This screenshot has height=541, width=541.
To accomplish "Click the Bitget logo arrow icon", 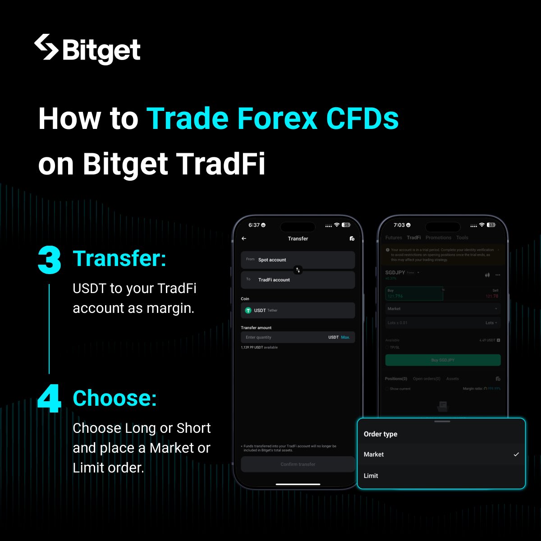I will (46, 47).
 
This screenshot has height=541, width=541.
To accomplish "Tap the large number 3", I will (50, 260).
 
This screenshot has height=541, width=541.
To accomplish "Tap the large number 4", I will (50, 399).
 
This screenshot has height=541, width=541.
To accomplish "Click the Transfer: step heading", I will (119, 259).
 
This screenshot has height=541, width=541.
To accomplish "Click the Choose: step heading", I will (115, 399).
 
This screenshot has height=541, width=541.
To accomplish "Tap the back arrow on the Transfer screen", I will (244, 238).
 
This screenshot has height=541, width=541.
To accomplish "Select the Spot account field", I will (298, 260).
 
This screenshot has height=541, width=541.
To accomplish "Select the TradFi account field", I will (298, 280).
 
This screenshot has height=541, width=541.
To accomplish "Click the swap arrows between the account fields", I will (298, 270).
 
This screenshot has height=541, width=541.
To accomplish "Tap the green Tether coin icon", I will (248, 311).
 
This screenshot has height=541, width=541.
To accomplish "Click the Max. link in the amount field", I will (345, 337).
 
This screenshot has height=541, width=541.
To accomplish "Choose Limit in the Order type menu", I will (371, 476).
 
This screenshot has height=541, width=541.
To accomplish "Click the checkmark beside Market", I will (516, 454).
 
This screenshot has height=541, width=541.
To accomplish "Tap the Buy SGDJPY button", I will (443, 360).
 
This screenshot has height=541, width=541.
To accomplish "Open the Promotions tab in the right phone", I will (438, 238).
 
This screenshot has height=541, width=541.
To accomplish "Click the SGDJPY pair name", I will (395, 273).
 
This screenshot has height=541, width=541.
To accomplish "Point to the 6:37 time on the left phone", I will (254, 225).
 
